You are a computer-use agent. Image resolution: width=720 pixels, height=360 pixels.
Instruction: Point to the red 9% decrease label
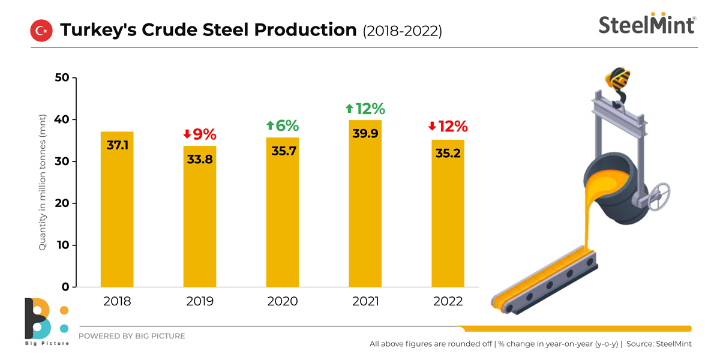(x=200, y=134)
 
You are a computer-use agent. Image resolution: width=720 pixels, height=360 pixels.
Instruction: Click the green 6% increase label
(x=283, y=126)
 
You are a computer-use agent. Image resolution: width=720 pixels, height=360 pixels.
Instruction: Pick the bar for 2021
(x=365, y=204)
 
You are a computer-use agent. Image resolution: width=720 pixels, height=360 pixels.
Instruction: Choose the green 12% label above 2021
(x=365, y=109)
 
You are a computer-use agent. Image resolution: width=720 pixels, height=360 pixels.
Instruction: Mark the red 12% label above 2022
(x=448, y=127)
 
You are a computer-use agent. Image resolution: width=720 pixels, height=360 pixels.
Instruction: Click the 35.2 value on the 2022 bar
(x=448, y=153)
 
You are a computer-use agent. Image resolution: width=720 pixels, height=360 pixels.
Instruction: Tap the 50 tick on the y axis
(x=62, y=78)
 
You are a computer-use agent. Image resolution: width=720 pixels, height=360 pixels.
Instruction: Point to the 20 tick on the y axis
(x=62, y=203)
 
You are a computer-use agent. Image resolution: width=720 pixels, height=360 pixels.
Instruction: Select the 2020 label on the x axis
(x=283, y=301)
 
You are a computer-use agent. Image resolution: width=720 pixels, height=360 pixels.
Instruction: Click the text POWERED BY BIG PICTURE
(x=132, y=336)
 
